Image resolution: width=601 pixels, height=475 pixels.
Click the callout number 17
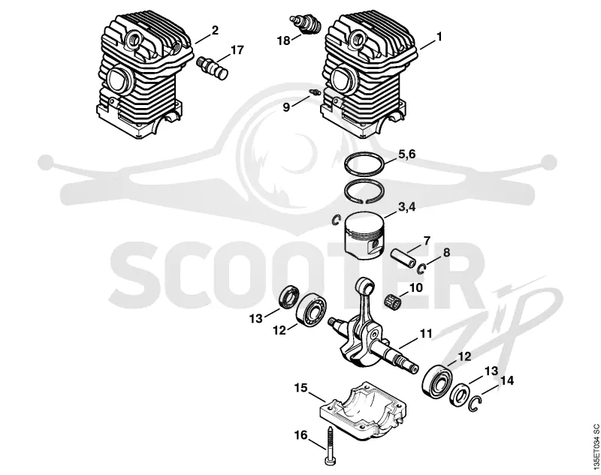tap(237, 50)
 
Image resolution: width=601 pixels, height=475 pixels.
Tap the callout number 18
tap(284, 41)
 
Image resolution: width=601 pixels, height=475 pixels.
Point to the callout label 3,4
tap(406, 207)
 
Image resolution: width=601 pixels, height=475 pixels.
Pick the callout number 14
tap(506, 380)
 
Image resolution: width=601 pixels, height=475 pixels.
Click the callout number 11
tap(425, 333)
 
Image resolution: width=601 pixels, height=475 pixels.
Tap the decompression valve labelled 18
tap(305, 24)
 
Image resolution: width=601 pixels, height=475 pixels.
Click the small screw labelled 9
tap(314, 92)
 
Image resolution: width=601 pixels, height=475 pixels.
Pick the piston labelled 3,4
tap(363, 236)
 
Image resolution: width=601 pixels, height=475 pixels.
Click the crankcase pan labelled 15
tap(363, 410)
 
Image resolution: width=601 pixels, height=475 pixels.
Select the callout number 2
tap(215, 30)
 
